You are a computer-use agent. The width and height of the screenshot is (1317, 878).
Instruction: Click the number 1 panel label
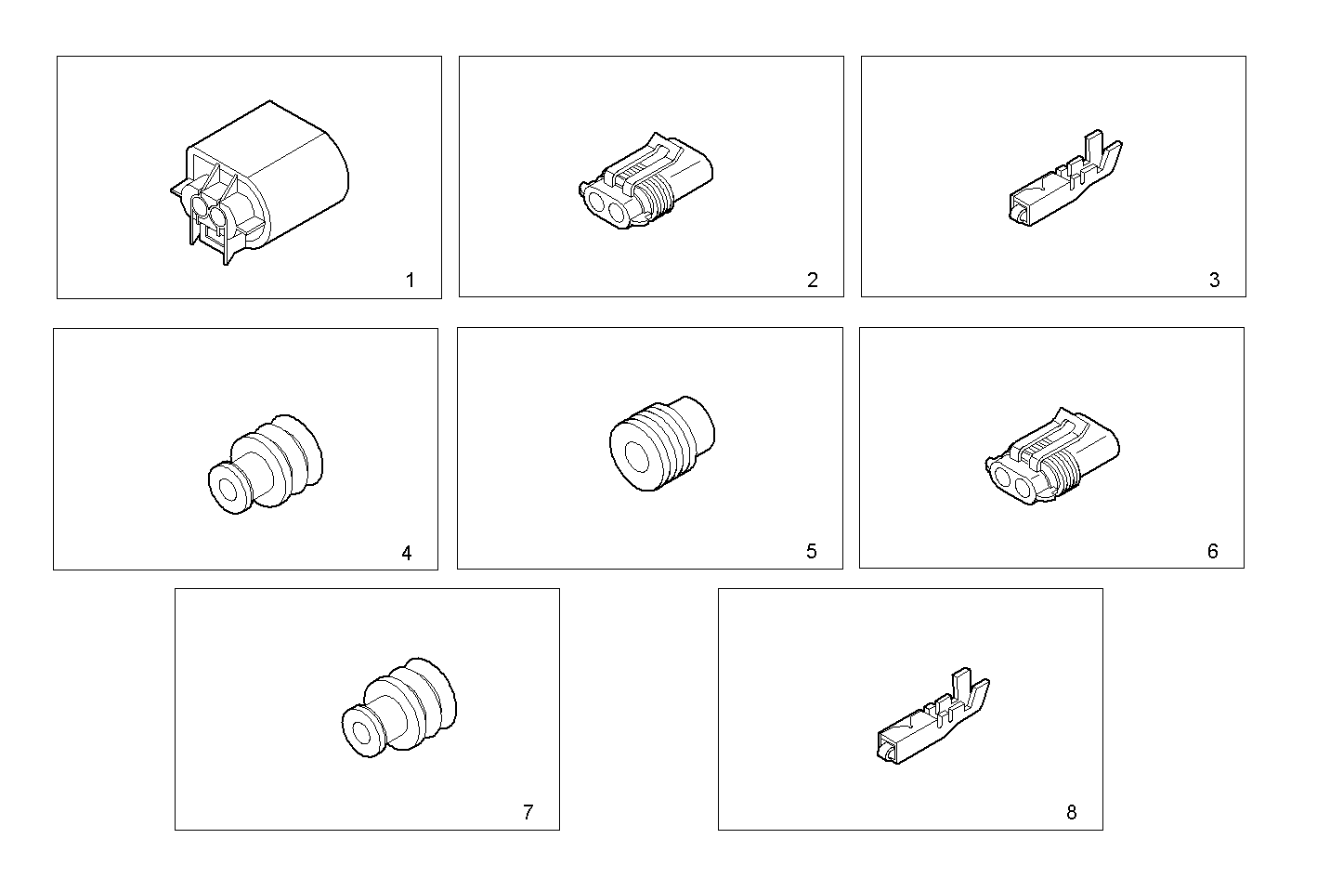(410, 280)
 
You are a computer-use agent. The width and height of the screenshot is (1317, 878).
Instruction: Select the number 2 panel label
(813, 280)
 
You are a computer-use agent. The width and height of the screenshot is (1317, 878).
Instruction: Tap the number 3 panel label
(1214, 280)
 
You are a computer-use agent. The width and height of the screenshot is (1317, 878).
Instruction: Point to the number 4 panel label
(407, 553)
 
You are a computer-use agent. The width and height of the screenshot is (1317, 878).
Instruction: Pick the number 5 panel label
(811, 551)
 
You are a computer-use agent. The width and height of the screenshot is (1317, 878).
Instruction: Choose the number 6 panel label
(1212, 551)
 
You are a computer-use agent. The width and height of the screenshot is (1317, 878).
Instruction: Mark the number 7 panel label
(528, 812)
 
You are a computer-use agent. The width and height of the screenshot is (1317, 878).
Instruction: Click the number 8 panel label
(1071, 812)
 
